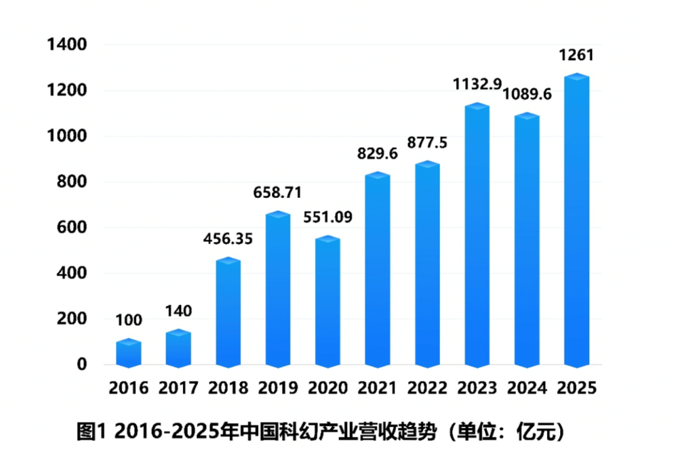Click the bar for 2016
coord(128,353)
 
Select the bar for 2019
coord(277,291)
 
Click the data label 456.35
coord(228,239)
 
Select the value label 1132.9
coord(478,85)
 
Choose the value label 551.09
coord(327,218)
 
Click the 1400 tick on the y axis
coord(67,45)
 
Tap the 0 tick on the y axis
coord(82,364)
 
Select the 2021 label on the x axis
coord(377,388)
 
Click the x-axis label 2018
coord(228,388)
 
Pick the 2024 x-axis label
coord(527,388)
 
